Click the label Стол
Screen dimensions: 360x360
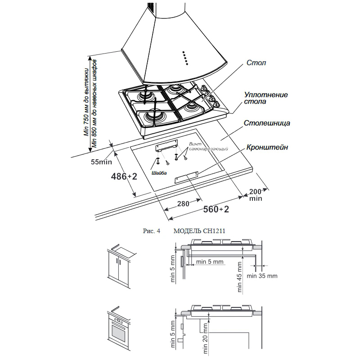click(256, 63)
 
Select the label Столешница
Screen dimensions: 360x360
click(267, 123)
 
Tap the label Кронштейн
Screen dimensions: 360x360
click(267, 147)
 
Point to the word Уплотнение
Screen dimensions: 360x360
click(266, 94)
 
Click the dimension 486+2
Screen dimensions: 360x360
click(124, 176)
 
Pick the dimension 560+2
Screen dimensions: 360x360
click(216, 209)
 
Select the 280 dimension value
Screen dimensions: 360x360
click(183, 204)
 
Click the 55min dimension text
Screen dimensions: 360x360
click(101, 162)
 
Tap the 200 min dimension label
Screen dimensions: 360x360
click(256, 195)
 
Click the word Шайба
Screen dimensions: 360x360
click(159, 173)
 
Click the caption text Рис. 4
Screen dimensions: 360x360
click(151, 231)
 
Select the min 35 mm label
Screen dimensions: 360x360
click(262, 276)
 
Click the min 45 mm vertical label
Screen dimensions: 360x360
click(239, 277)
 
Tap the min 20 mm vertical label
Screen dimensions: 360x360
click(205, 339)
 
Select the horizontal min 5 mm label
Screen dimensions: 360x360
click(210, 261)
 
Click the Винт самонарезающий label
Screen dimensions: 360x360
click(208, 146)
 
